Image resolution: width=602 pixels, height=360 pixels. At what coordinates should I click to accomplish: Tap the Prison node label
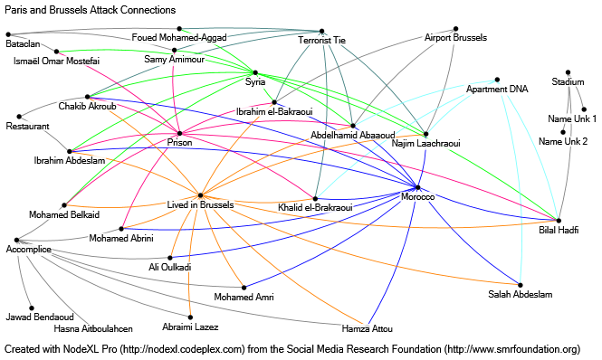(x=180, y=142)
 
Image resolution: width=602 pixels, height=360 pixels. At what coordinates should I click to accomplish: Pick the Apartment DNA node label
(x=497, y=90)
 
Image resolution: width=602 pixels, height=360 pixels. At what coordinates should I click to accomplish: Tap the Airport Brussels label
(x=456, y=38)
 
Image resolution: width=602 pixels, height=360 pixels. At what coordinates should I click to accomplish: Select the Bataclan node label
(x=23, y=43)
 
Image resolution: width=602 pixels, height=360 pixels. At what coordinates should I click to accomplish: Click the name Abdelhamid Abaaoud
(x=352, y=135)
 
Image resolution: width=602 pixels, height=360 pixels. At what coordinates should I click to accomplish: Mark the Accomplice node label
(x=28, y=249)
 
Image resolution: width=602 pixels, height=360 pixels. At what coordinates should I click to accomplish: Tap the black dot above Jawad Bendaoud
(x=31, y=308)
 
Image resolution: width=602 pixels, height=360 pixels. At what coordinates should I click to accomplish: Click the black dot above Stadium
(x=567, y=72)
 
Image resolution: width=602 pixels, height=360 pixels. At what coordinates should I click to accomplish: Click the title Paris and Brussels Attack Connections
(x=89, y=10)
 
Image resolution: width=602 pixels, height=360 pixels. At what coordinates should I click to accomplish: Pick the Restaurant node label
(x=28, y=128)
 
